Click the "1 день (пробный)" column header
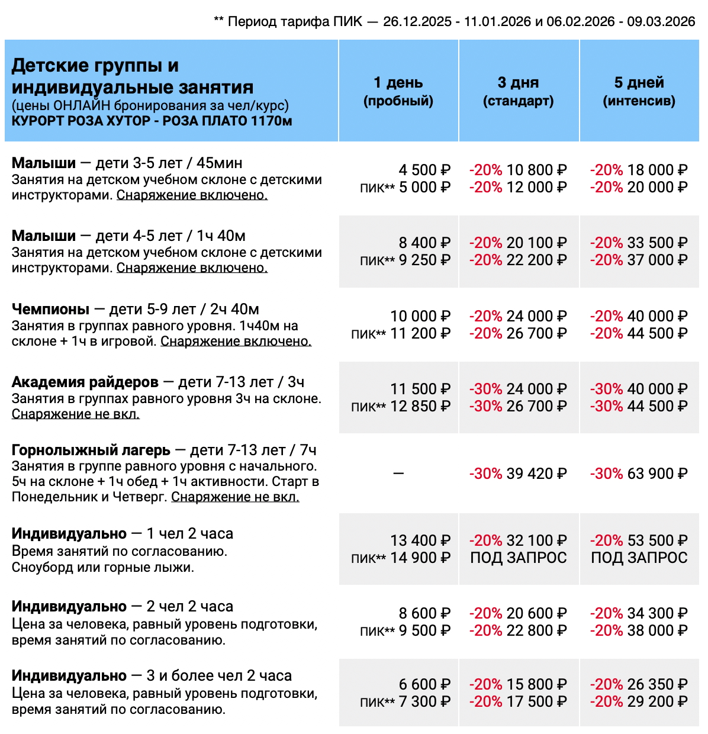[398, 91]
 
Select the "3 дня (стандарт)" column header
[519, 91]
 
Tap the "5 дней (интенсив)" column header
[639, 91]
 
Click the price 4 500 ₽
[424, 170]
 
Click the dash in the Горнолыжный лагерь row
[398, 474]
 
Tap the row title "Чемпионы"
[50, 309]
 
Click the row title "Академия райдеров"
[85, 382]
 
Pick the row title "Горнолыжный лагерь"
[91, 450]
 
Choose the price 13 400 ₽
[420, 540]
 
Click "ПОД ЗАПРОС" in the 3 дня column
[519, 558]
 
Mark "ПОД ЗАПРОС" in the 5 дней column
[639, 558]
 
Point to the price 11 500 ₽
[420, 389]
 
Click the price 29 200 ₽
[657, 701]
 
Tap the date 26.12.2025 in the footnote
[417, 22]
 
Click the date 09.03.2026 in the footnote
[661, 22]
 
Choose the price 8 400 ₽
[424, 243]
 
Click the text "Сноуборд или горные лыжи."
[103, 567]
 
